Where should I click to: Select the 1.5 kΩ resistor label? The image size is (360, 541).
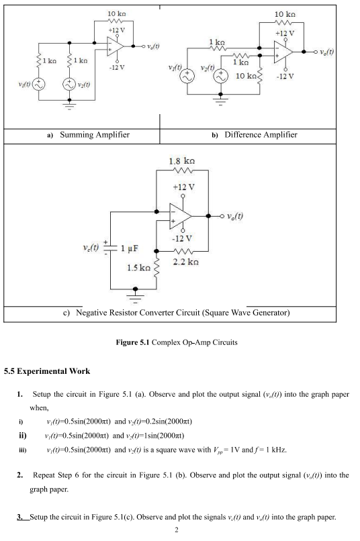coord(139,268)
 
